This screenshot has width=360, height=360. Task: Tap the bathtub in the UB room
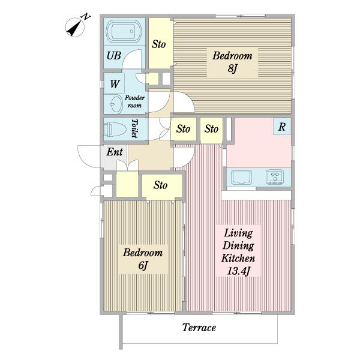pos(124,31)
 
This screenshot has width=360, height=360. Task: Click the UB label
pos(114,56)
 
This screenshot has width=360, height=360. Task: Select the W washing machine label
pos(115,84)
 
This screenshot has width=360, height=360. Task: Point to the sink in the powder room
pos(116,104)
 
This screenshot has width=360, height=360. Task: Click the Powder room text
pos(134,102)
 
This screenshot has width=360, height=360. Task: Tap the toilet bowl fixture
pos(115,129)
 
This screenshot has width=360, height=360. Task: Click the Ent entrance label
pos(115,152)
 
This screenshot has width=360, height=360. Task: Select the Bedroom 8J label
pos(232,62)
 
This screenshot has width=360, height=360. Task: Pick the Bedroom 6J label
pos(143,259)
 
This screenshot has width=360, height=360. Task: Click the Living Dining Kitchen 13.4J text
pos(238,252)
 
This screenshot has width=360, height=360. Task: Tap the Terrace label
pos(199,328)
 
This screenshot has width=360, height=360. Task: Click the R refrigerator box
pos(282,126)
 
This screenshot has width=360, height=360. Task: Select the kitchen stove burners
pos(275,177)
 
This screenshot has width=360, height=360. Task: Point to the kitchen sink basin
pos(241,177)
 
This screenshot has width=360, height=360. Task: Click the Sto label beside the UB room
pos(158,44)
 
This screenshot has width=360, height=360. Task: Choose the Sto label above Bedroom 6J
pos(160,185)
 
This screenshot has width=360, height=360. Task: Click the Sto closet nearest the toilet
pos(184,129)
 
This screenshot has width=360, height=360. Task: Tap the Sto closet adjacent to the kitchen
pos(211,129)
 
